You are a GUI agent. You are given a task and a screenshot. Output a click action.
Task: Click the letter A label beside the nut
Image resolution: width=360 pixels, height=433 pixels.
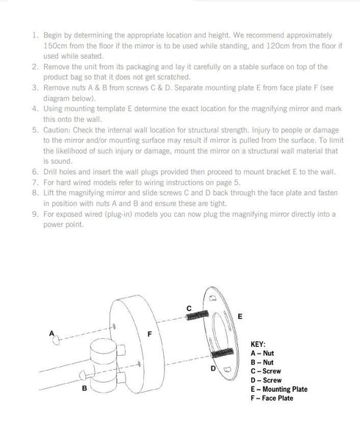51,333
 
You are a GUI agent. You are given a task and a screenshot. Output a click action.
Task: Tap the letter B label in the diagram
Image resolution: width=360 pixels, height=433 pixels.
84,388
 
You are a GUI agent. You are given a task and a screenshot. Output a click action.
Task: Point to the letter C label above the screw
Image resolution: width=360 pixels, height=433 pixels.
189,309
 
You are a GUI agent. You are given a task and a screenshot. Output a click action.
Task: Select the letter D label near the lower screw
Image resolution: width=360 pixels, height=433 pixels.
213,368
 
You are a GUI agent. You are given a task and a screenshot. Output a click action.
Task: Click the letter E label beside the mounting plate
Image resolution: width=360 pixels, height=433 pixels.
240,316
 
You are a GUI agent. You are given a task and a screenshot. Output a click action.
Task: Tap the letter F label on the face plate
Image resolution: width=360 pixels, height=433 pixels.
150,334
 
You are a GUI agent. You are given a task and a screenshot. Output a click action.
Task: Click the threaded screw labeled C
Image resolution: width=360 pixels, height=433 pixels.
198,315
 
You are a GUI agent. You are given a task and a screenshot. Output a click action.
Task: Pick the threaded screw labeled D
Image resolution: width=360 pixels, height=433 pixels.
222,353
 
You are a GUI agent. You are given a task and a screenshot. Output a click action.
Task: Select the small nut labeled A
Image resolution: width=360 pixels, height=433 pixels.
56,340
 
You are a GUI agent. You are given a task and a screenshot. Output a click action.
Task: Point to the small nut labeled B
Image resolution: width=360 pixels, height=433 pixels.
82,376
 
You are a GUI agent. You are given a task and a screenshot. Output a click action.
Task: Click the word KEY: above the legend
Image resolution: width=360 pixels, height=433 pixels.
258,344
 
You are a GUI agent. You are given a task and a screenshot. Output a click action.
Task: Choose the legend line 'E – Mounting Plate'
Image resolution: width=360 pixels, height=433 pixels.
279,390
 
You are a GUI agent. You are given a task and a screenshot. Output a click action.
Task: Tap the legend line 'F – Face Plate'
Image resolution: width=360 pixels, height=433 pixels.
272,398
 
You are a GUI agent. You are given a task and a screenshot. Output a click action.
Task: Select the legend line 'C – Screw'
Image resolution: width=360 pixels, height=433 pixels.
266,371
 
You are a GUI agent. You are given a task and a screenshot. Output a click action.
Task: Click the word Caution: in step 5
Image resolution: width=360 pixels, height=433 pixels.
57,130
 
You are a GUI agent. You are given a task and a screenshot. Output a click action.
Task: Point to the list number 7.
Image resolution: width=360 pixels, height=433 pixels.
35,182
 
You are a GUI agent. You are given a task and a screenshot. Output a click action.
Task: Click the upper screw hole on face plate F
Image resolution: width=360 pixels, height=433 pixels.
114,326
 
